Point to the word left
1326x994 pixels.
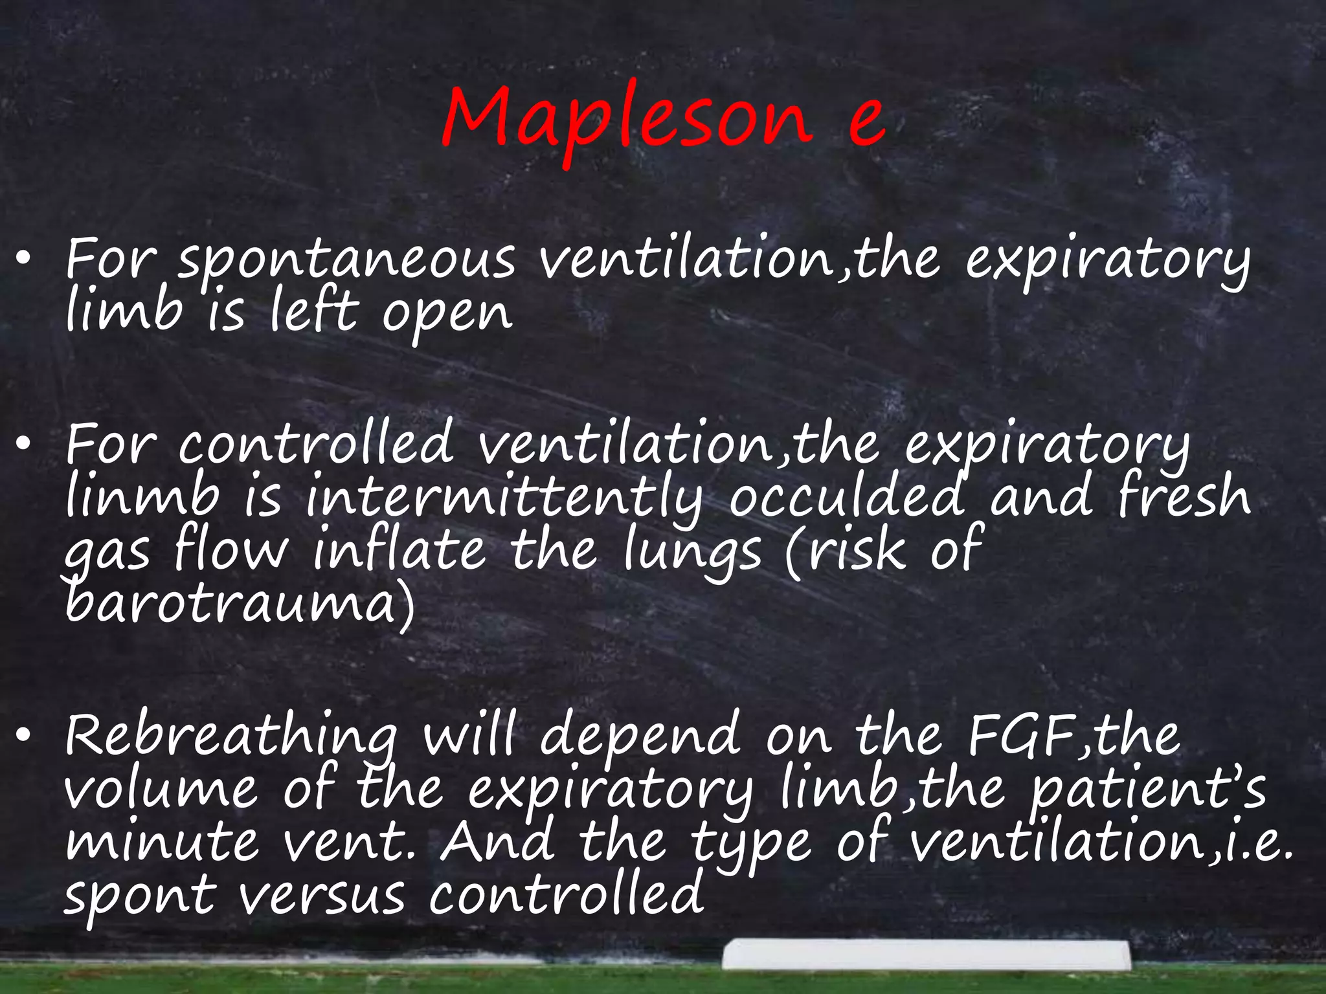(x=314, y=311)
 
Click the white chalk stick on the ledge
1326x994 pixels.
(x=926, y=955)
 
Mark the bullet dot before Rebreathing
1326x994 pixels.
(x=24, y=735)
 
